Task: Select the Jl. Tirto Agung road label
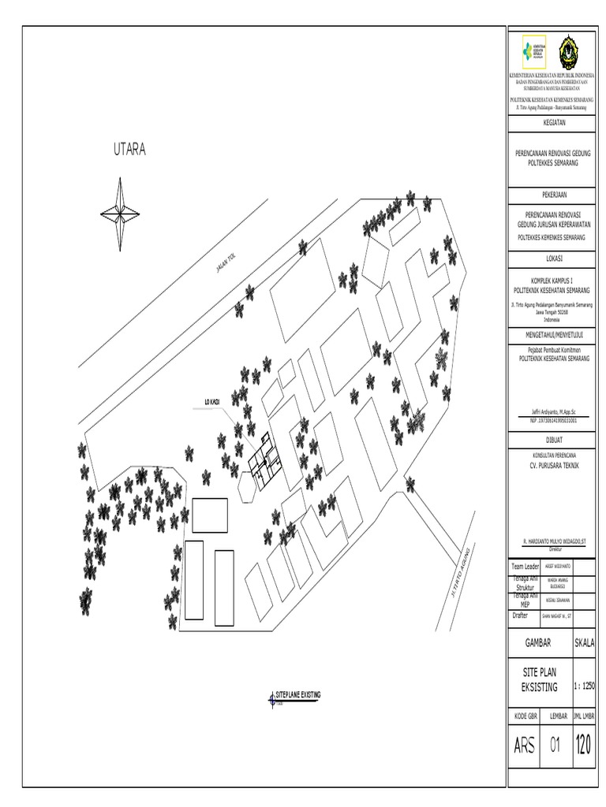pyautogui.click(x=463, y=566)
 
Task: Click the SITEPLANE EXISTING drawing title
pyautogui.click(x=297, y=694)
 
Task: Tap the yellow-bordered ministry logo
pyautogui.click(x=533, y=53)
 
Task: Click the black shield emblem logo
pyautogui.click(x=572, y=53)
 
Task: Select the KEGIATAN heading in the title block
pyautogui.click(x=554, y=123)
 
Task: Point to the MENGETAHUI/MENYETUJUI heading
pyautogui.click(x=554, y=334)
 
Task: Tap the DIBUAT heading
pyautogui.click(x=554, y=438)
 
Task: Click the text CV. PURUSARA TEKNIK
pyautogui.click(x=554, y=467)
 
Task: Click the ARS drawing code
pyautogui.click(x=524, y=746)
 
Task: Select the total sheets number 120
pyautogui.click(x=585, y=745)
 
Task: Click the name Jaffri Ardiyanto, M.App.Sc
pyautogui.click(x=552, y=412)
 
